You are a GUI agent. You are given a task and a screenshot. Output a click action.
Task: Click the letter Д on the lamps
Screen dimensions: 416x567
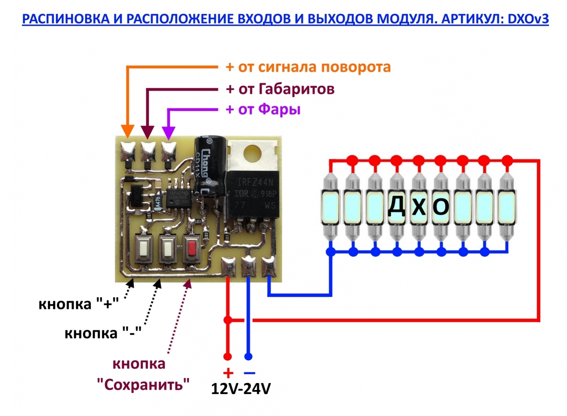coord(396,206)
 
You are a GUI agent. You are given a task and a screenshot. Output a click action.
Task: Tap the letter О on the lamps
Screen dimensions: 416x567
coord(441,206)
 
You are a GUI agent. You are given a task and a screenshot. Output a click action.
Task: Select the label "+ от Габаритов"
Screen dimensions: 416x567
coord(280,89)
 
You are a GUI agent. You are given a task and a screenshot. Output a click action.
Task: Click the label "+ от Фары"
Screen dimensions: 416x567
coord(263,109)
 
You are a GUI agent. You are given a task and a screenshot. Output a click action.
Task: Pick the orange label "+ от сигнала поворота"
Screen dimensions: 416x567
coord(308,67)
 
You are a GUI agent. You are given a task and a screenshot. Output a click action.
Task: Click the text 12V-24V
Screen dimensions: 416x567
coord(241,389)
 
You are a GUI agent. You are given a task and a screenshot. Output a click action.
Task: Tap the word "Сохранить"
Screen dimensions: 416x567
coord(143,384)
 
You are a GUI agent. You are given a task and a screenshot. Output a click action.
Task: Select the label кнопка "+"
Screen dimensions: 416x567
coord(78,304)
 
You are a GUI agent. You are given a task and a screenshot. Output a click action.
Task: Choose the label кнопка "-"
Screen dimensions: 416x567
coord(103,333)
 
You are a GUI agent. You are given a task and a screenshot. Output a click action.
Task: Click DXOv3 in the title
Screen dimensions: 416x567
coord(528,19)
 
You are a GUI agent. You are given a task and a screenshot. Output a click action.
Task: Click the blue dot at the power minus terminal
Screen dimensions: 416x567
coord(249,356)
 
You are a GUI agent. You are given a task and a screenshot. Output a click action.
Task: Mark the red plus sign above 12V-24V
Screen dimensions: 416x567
coord(228,373)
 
